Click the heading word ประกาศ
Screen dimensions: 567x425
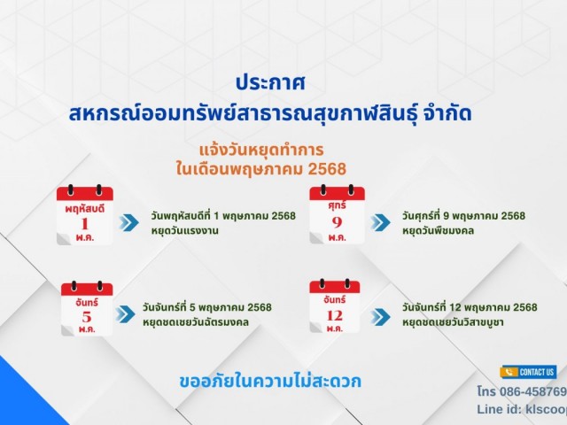tap(270, 82)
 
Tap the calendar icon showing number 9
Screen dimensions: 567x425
tap(337, 214)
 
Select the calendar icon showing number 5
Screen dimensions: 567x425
tap(87, 308)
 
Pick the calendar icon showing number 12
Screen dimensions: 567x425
tap(335, 305)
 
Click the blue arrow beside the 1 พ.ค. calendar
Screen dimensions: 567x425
tap(128, 222)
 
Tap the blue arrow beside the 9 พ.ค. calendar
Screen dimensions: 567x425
tap(380, 222)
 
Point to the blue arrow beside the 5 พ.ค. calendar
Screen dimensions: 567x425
tap(126, 313)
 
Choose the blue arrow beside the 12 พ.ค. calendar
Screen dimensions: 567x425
tap(380, 317)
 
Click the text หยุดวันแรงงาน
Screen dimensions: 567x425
tap(185, 230)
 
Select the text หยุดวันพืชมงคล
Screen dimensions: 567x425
tap(438, 230)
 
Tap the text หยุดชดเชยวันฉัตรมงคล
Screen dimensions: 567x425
tap(196, 322)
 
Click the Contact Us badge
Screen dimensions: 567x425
tap(528, 372)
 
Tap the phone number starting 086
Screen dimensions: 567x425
tap(522, 391)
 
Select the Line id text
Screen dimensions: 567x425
tap(522, 409)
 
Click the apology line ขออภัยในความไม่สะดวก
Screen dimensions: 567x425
tap(270, 382)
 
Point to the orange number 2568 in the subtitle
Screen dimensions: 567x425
tap(327, 169)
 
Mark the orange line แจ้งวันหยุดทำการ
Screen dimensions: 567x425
tap(261, 150)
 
